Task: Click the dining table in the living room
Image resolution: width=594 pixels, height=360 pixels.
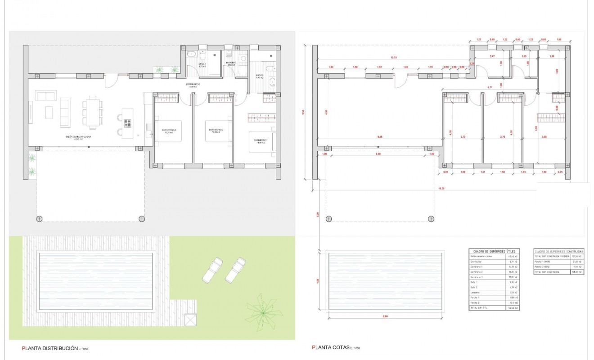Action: pyautogui.click(x=93, y=112)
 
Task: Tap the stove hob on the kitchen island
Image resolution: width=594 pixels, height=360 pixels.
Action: pyautogui.click(x=127, y=123)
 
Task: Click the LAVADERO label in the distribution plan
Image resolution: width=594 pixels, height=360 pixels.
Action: pyautogui.click(x=231, y=63)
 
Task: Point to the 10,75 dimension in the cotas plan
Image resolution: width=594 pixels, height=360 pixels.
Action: pyautogui.click(x=394, y=58)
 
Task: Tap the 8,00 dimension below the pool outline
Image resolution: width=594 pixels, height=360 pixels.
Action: pyautogui.click(x=385, y=316)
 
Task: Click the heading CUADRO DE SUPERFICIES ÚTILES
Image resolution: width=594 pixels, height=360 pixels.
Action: pyautogui.click(x=494, y=251)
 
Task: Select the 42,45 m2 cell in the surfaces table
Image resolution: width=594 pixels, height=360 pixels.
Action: pyautogui.click(x=512, y=256)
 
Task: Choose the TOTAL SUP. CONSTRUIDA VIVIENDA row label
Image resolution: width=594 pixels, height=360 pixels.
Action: pyautogui.click(x=550, y=256)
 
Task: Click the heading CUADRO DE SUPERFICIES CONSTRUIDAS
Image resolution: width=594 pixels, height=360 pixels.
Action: pyautogui.click(x=558, y=251)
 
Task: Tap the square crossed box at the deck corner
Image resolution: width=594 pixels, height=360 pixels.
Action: pyautogui.click(x=190, y=320)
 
